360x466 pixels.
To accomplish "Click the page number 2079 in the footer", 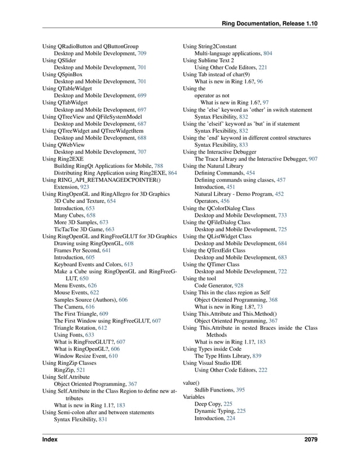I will [x=310, y=439].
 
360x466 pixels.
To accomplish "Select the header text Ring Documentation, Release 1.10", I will [x=270, y=24].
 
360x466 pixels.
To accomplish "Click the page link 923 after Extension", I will [x=84, y=186].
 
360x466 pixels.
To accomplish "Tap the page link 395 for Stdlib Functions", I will [x=240, y=390].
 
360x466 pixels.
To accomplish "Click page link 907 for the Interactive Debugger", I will [x=313, y=159].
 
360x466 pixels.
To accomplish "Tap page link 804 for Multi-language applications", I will [x=267, y=53].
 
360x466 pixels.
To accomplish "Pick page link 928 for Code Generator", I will [x=239, y=286].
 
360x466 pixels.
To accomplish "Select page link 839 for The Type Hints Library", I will [x=257, y=356].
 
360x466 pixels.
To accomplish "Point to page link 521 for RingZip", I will [x=81, y=371].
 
